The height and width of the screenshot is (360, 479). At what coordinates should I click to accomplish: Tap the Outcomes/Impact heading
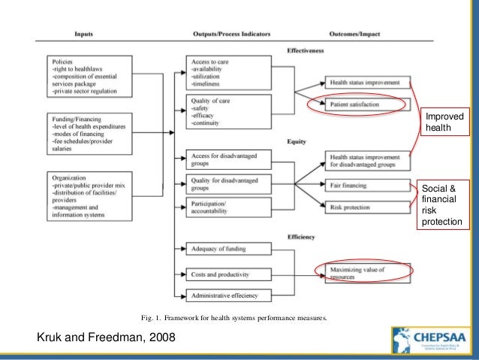[x=355, y=35]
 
